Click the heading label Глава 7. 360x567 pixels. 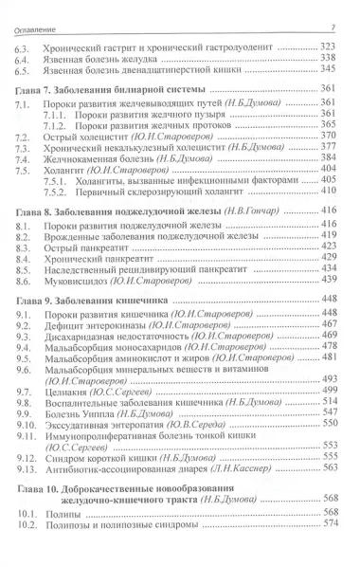tap(38, 88)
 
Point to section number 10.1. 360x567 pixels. tap(30, 536)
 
